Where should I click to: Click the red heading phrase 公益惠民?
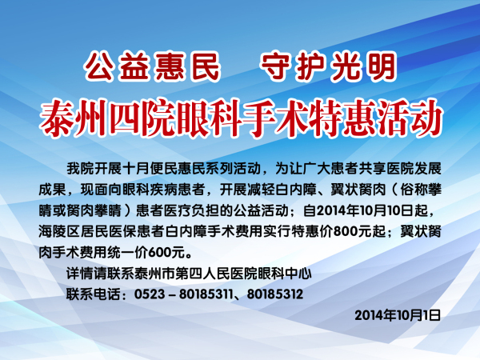point(153,66)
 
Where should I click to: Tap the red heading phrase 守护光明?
point(329,66)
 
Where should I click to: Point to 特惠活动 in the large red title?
point(375,118)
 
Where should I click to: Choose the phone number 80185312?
point(275,294)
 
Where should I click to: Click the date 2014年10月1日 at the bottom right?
point(398,315)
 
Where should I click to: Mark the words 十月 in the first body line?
point(136,169)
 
